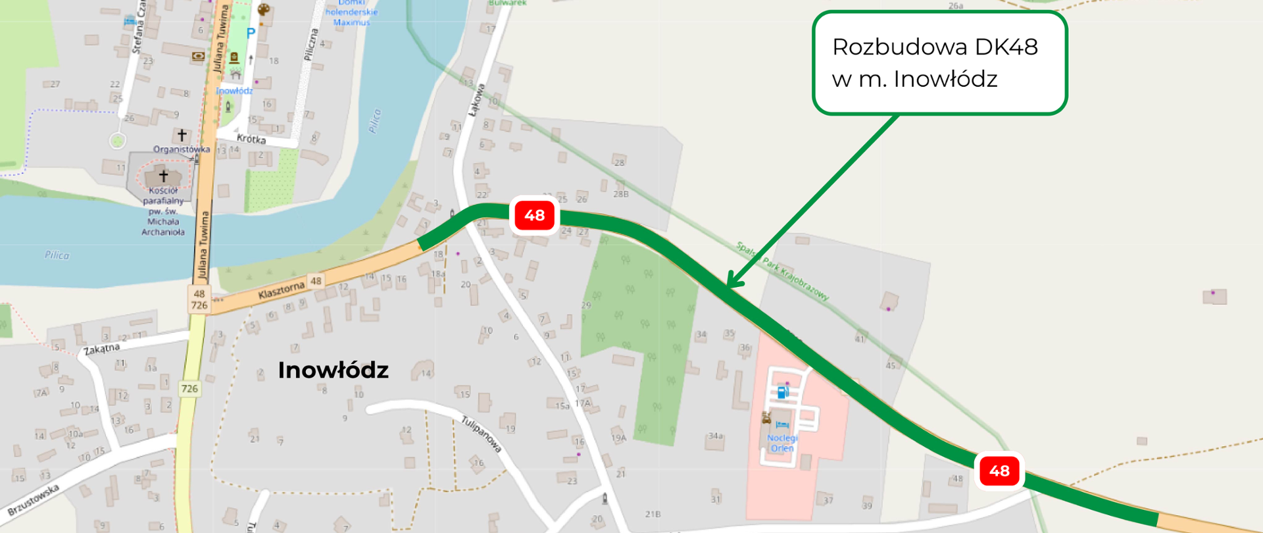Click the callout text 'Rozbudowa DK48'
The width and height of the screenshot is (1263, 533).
click(935, 47)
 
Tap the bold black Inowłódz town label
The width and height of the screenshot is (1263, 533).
click(333, 370)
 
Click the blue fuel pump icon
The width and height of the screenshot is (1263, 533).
click(783, 392)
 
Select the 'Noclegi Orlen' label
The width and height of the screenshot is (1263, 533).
click(782, 443)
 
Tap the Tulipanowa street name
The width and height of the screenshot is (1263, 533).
click(482, 434)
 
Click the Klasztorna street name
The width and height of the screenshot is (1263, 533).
click(282, 290)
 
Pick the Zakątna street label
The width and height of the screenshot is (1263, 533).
click(102, 349)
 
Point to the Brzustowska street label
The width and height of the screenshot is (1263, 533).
click(34, 500)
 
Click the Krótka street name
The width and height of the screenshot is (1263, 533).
click(251, 139)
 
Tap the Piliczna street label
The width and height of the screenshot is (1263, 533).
click(311, 45)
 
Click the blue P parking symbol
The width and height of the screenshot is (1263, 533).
click(251, 33)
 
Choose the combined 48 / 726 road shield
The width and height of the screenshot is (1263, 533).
click(199, 299)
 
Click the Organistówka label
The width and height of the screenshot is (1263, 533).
click(182, 149)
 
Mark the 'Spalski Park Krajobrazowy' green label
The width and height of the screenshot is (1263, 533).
click(782, 271)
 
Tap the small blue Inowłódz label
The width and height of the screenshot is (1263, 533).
click(234, 91)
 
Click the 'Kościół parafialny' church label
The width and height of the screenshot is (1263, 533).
click(163, 211)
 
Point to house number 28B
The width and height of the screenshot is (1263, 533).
click(621, 194)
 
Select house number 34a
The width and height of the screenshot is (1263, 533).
click(716, 436)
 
